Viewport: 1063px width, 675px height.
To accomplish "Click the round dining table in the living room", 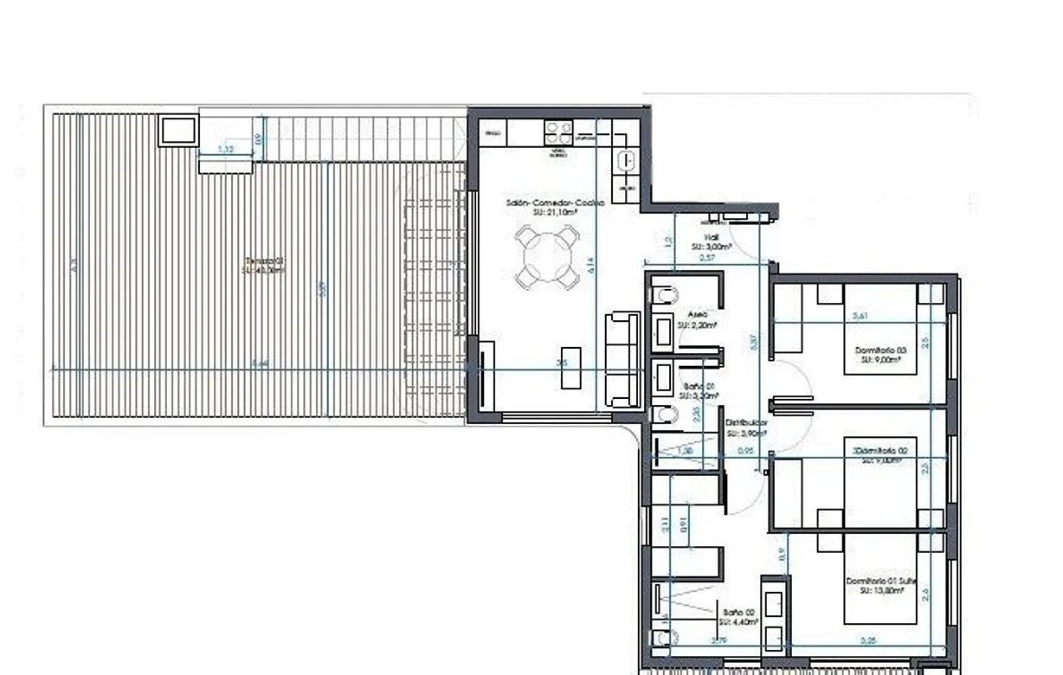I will (x=547, y=256).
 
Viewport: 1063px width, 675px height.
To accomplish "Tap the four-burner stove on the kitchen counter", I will (x=557, y=132).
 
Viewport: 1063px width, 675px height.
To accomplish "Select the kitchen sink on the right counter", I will (x=626, y=160).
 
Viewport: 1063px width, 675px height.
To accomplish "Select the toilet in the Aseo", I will (x=665, y=296).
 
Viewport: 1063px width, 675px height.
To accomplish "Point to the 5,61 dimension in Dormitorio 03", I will (x=860, y=317).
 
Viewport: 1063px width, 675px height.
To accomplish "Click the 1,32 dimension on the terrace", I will (x=225, y=150).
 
